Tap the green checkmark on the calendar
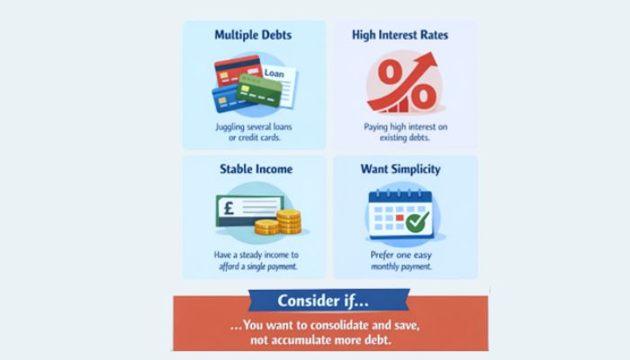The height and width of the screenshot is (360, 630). (418, 221)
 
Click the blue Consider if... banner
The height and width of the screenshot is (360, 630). (330, 300)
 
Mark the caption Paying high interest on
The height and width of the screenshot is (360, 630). (404, 127)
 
